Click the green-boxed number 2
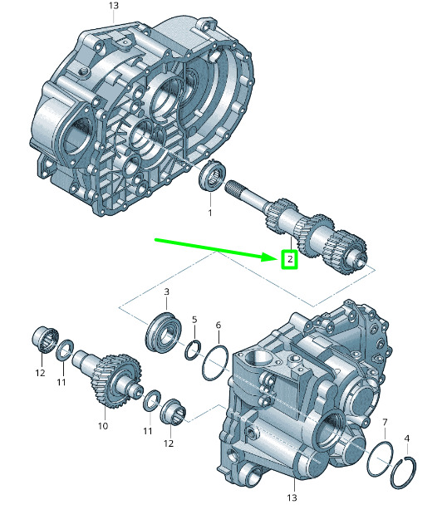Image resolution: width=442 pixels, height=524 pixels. pyautogui.click(x=289, y=259)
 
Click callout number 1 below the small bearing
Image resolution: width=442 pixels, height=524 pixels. pyautogui.click(x=210, y=213)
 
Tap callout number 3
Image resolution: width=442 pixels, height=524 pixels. pyautogui.click(x=166, y=291)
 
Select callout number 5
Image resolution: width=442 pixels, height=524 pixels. pyautogui.click(x=194, y=320)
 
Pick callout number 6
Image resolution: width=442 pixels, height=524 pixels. pyautogui.click(x=219, y=325)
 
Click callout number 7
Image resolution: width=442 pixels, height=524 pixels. pyautogui.click(x=385, y=423)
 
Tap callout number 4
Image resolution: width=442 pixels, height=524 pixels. pyautogui.click(x=406, y=438)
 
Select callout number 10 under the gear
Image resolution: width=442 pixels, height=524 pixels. pyautogui.click(x=103, y=426)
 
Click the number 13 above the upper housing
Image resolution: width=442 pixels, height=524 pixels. pyautogui.click(x=114, y=6)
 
